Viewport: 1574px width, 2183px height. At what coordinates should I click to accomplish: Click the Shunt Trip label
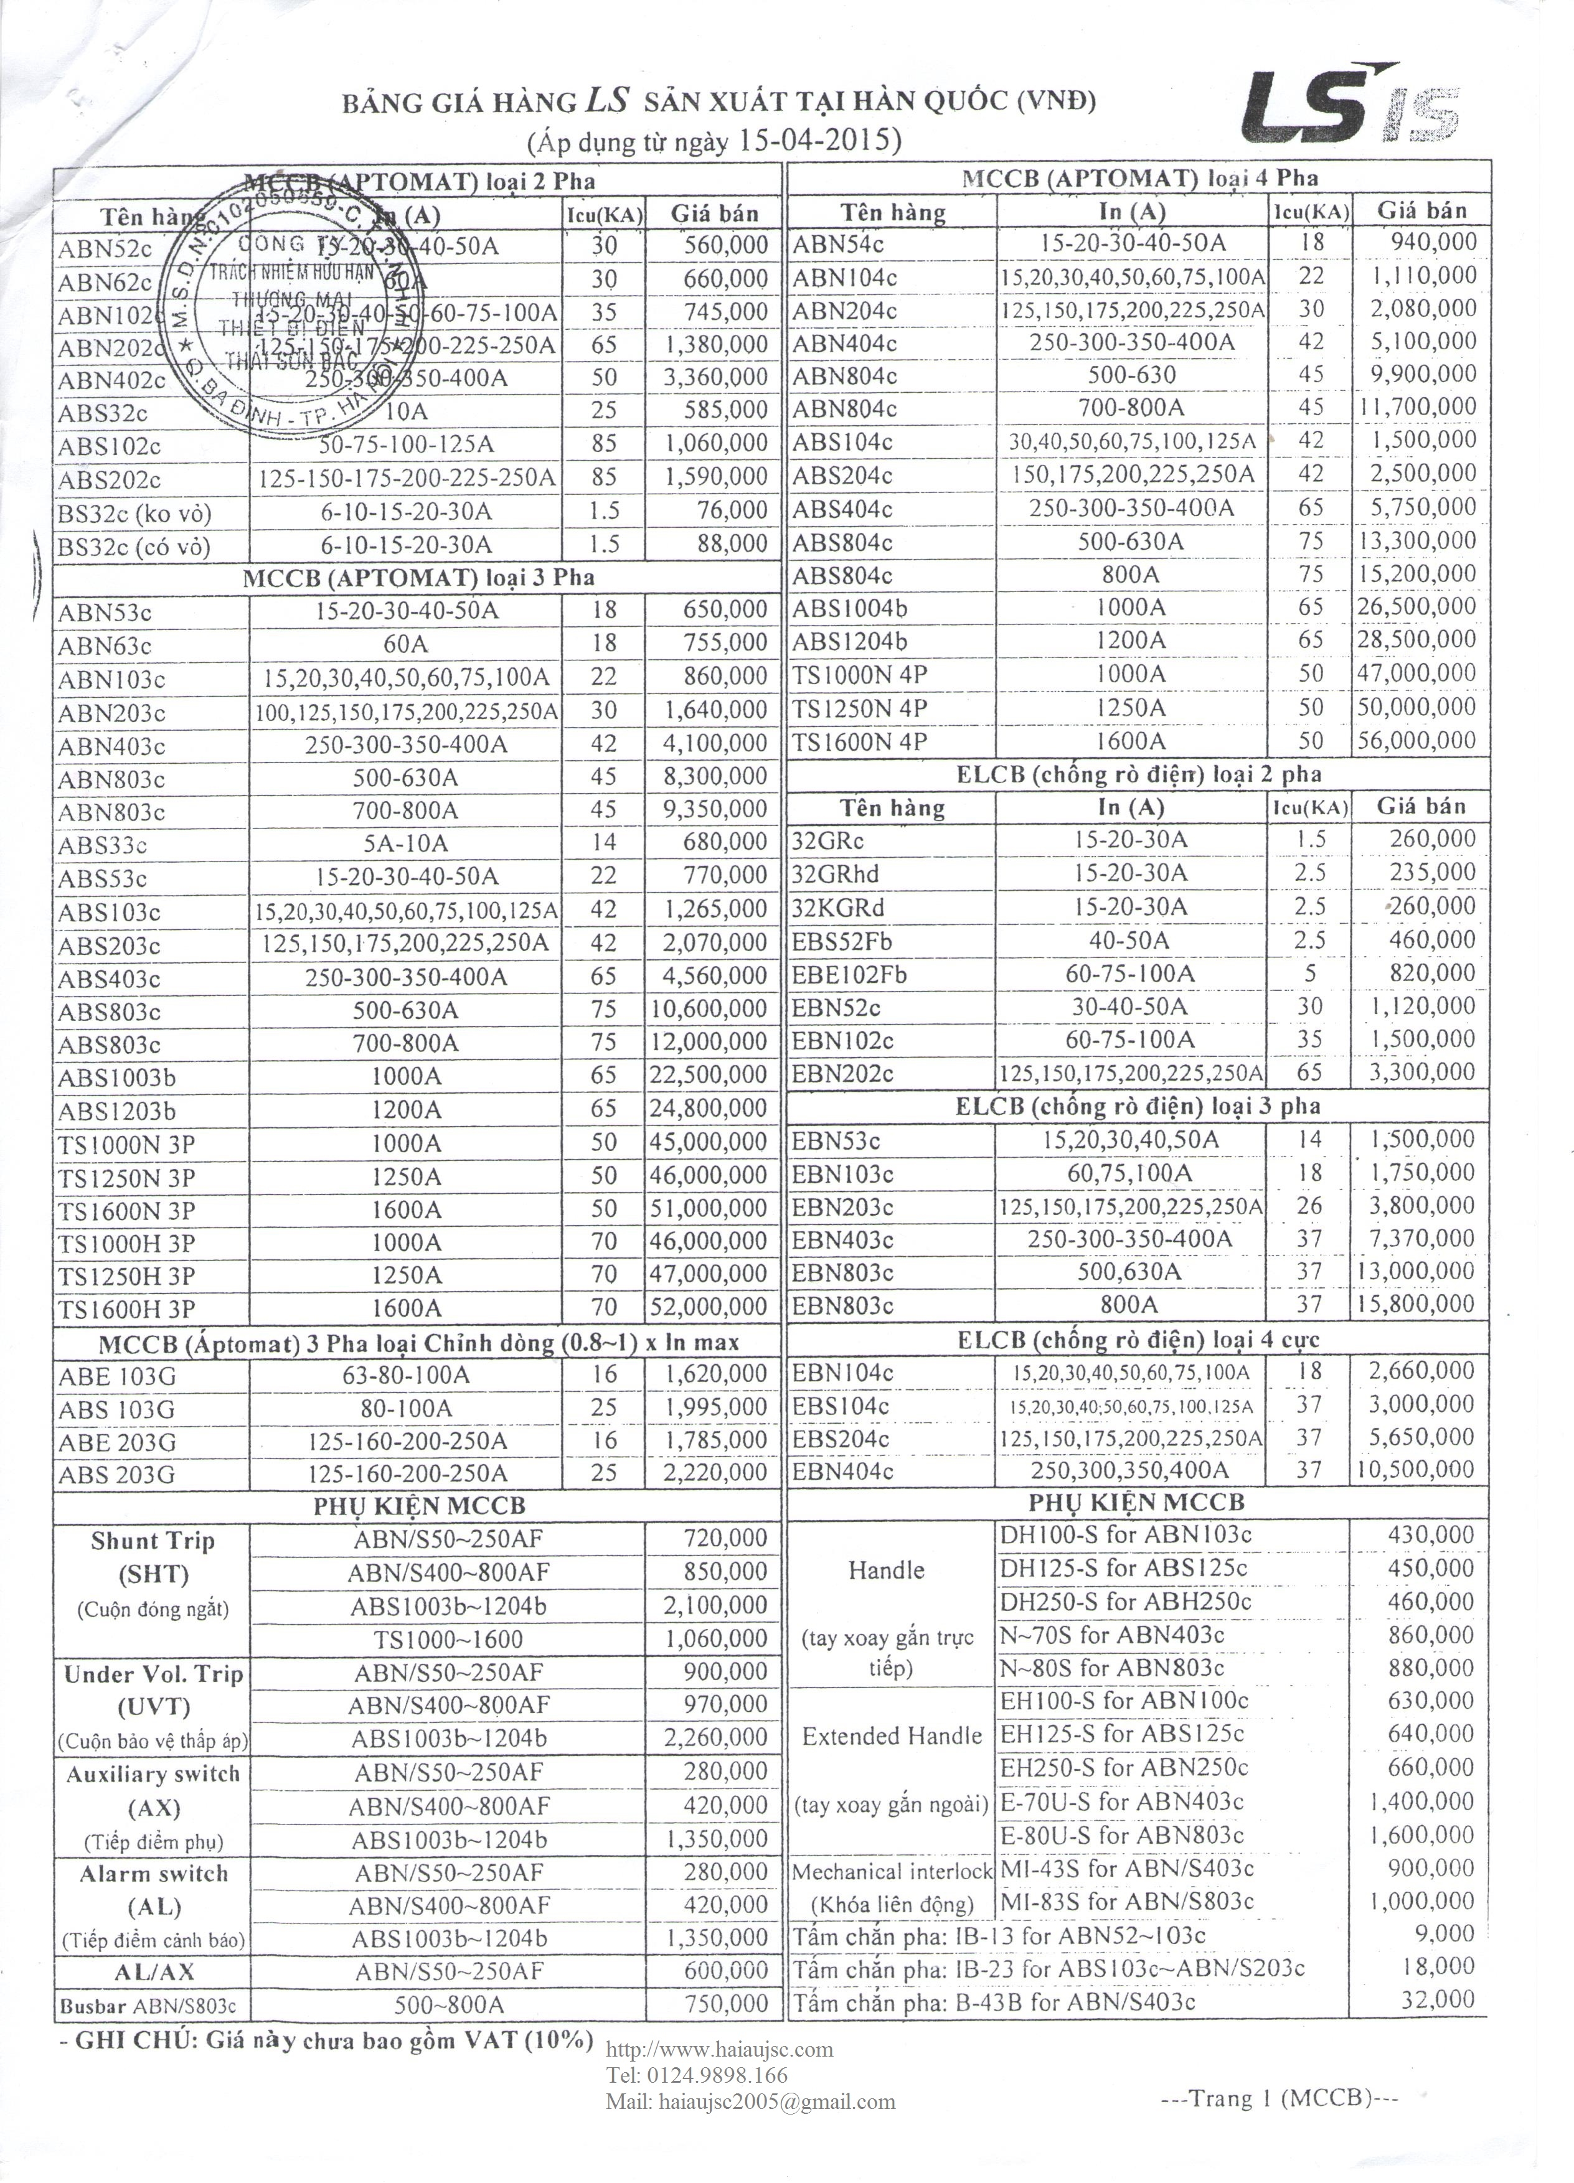[152, 1541]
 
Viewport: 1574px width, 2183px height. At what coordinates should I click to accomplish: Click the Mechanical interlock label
[890, 1872]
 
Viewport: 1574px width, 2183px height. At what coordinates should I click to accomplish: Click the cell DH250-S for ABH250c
[1125, 1602]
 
